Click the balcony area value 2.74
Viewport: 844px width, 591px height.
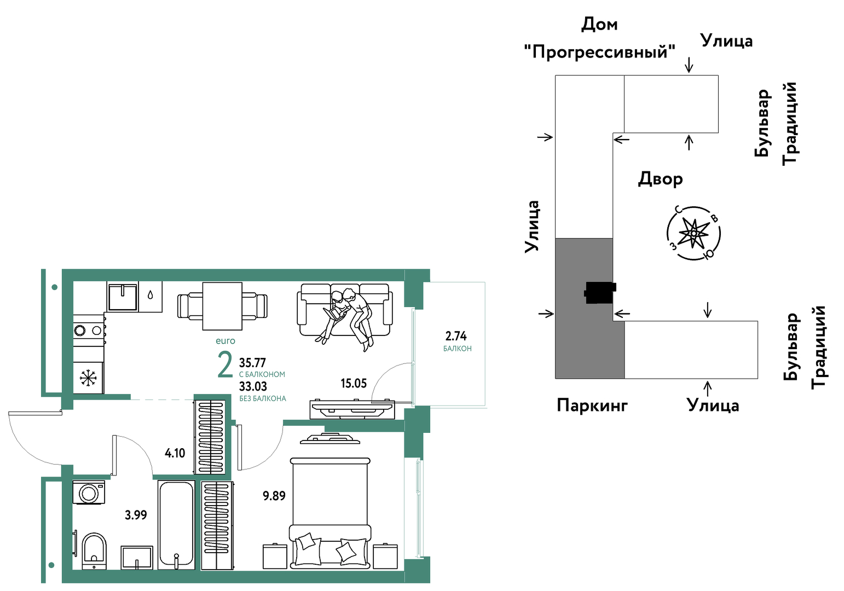coord(456,335)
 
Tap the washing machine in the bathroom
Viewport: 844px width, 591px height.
coord(89,492)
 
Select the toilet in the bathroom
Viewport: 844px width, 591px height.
coord(94,551)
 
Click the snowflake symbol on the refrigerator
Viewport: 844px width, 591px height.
coord(88,378)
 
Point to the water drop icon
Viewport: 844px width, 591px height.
coord(151,294)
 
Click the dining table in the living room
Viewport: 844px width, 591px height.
coord(222,306)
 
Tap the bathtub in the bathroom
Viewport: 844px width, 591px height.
coord(176,524)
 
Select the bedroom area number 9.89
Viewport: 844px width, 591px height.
coord(274,496)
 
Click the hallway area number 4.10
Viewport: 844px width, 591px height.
coord(175,453)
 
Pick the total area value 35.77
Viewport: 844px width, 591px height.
coord(252,363)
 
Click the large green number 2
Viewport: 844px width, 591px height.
coord(225,364)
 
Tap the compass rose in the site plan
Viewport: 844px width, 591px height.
coord(693,234)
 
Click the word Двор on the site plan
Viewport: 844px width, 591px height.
coord(660,179)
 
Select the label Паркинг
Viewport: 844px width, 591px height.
coord(592,405)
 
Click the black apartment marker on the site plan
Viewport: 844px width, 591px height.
coord(600,293)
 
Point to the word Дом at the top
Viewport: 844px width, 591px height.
coord(599,25)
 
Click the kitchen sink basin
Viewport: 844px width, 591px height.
coord(123,297)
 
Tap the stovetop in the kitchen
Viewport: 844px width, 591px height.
coord(89,331)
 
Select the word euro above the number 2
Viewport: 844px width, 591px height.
coord(226,341)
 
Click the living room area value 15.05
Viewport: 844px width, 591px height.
coord(354,384)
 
